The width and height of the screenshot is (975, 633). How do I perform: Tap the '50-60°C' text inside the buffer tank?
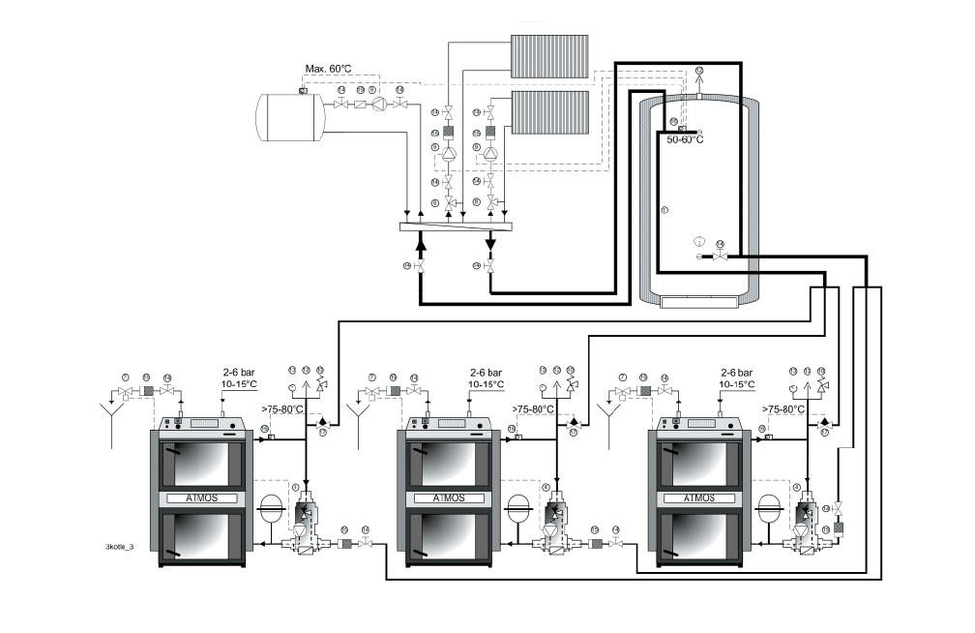coord(685,139)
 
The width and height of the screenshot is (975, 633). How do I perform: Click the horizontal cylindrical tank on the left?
coord(289,116)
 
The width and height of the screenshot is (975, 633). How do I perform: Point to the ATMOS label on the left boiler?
coord(202,498)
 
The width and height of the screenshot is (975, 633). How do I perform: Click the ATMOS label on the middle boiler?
coord(451,498)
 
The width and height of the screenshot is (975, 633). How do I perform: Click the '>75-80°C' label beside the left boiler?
coord(281,409)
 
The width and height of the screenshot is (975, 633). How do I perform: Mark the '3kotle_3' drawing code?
coord(119,547)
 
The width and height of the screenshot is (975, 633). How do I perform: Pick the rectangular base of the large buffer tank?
coord(703,302)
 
